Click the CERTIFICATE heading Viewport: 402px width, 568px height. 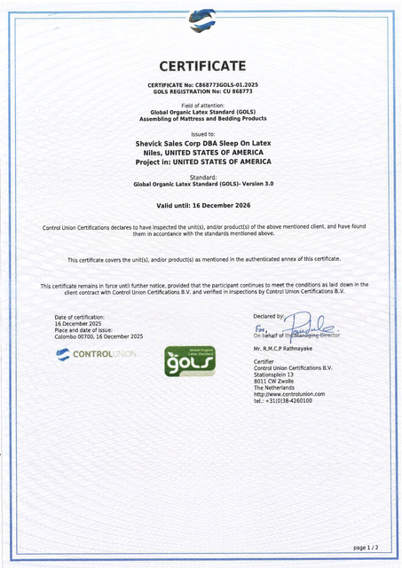[201, 67]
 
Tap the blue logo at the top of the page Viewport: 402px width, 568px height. [201, 20]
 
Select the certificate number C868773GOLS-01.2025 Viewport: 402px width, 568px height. [226, 84]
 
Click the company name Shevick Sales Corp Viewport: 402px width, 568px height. [174, 142]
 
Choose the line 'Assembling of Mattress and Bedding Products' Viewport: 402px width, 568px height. [201, 118]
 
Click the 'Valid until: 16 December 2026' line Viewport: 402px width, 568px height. [201, 205]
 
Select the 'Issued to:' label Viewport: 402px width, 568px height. [202, 133]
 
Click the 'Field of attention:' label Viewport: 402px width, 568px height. [201, 105]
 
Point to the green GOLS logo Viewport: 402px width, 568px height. [184, 363]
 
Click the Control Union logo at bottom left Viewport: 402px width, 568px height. [96, 354]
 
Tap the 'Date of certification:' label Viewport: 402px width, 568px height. [80, 317]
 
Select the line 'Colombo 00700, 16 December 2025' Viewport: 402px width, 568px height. [99, 336]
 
